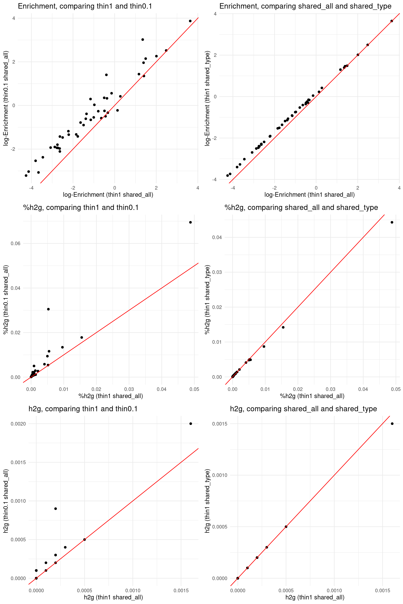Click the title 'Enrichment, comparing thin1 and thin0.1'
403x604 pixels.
85,6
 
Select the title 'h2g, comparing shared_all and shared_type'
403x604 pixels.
303,409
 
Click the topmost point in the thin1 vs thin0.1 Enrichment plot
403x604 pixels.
190,21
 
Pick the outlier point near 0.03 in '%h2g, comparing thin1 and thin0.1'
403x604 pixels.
48,309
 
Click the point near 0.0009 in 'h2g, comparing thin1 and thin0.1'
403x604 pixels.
55,508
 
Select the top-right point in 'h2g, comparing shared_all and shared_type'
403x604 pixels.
392,423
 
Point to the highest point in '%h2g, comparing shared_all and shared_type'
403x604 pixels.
392,222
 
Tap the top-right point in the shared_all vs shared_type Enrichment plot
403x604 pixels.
392,21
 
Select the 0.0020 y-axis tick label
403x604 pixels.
18,424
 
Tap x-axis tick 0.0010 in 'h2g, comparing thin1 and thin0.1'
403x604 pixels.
133,591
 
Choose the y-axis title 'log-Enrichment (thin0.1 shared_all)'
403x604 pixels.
6,98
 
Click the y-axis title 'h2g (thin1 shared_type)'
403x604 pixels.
207,501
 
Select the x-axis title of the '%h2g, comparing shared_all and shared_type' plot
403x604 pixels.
312,396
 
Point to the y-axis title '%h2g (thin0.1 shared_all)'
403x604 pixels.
6,300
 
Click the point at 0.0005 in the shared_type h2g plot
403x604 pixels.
286,527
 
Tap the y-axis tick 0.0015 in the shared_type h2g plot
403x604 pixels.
220,424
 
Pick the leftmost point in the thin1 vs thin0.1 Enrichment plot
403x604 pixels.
26,175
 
